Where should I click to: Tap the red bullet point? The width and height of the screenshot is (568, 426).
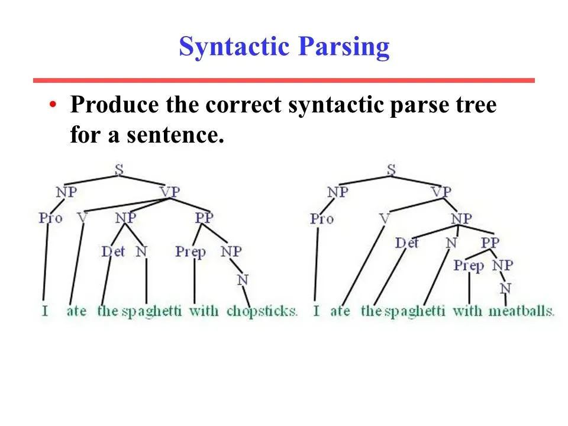pos(53,105)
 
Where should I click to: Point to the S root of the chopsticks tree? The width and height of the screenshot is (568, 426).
pos(119,169)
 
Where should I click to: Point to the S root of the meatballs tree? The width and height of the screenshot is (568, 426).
pos(391,169)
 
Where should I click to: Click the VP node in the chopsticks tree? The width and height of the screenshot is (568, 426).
pos(170,191)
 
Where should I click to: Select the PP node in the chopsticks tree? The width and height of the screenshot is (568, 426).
pos(204,217)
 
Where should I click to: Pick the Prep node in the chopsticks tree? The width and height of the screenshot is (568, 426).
pos(191,252)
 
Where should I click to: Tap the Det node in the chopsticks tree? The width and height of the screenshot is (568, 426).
pos(113,251)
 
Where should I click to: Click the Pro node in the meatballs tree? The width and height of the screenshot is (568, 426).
pos(322,219)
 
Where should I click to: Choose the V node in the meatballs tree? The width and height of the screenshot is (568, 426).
pos(384,219)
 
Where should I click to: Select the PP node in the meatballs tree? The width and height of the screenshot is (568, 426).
pos(490,243)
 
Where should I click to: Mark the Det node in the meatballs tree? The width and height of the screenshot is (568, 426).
pos(406,243)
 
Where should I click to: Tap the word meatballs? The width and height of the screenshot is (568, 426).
pos(521,311)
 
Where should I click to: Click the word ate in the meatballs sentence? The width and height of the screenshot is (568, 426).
pos(340,311)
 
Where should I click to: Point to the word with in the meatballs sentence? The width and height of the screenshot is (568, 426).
pos(467,311)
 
